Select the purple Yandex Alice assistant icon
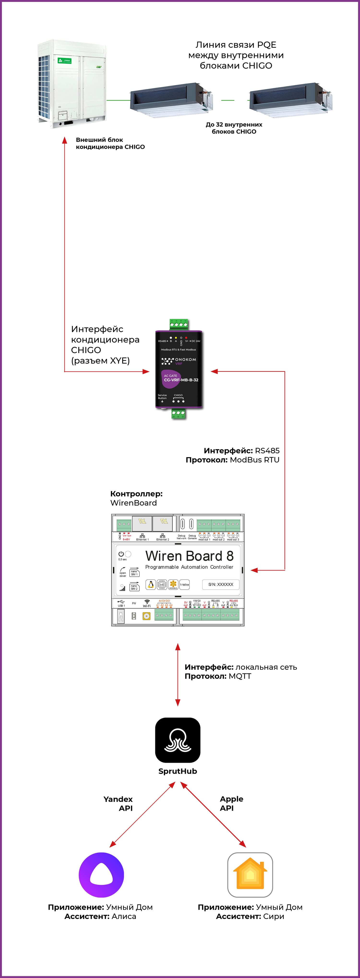(101, 875)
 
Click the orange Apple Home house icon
(250, 875)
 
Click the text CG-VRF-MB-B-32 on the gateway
(181, 380)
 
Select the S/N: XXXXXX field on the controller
(221, 584)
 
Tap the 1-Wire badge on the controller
(185, 585)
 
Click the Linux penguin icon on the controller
(151, 585)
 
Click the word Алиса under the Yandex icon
(124, 916)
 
